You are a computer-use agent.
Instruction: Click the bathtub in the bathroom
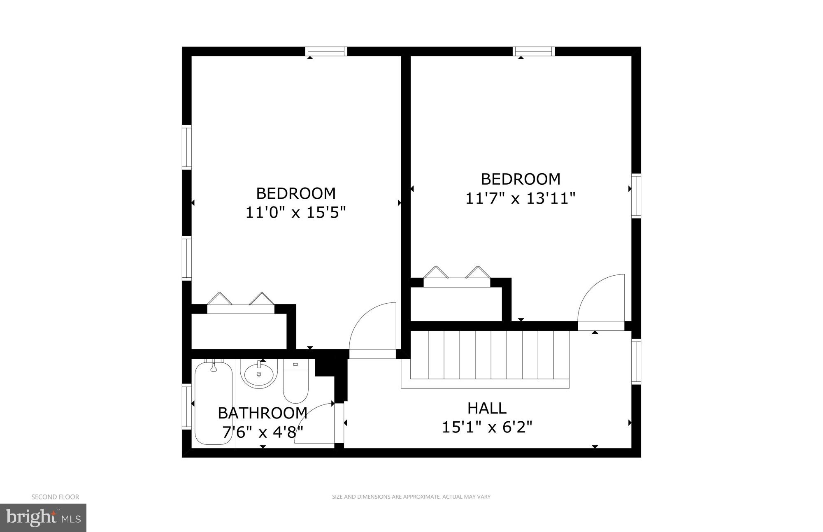coord(213,401)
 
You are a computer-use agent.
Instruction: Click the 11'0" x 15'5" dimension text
coord(295,213)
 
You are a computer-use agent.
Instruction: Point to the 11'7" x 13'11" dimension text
coord(520,199)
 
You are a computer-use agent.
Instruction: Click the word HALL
coord(487,408)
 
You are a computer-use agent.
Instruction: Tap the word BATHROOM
coord(263,413)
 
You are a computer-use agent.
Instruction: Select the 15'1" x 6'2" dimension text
coord(487,427)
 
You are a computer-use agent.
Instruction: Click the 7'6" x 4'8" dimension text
coord(263,432)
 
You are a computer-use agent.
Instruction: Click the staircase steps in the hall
coord(490,355)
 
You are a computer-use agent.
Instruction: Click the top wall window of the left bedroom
coord(326,51)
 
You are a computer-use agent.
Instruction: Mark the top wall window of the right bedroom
coord(534,51)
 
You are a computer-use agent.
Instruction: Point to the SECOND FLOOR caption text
coord(55,497)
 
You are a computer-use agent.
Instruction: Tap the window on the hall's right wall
coord(636,361)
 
